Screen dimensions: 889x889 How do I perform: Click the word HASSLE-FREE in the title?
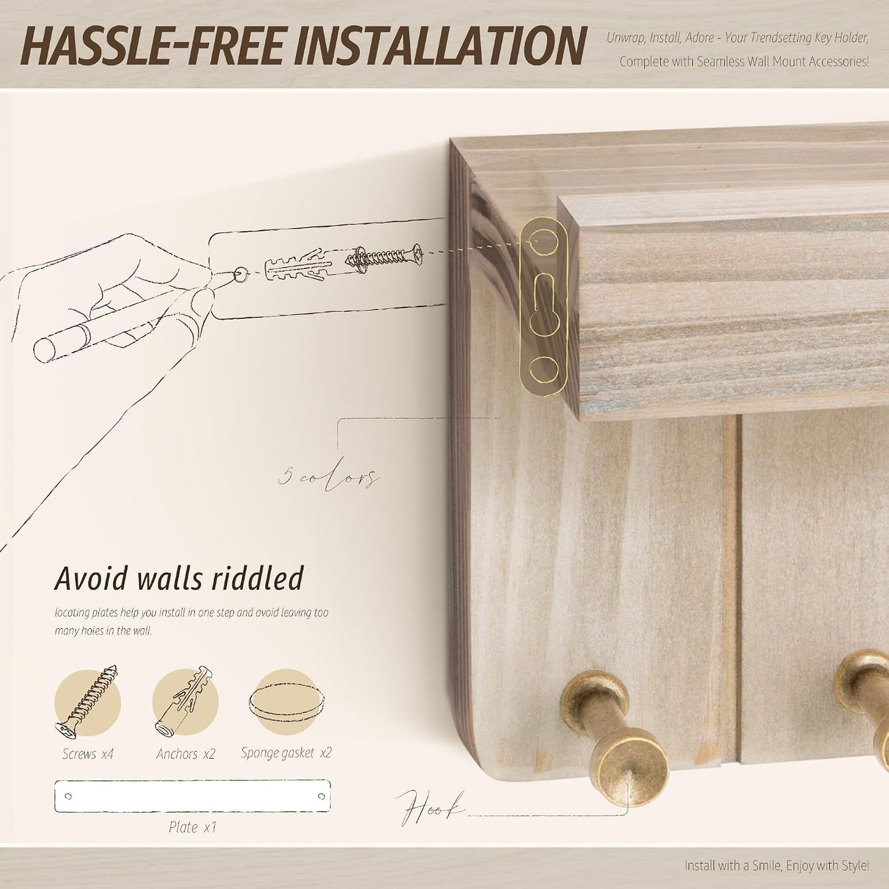(150, 47)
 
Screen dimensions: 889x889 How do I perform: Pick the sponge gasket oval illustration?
(287, 702)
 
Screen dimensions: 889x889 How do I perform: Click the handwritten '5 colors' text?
(329, 478)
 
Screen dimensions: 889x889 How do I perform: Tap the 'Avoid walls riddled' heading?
(179, 578)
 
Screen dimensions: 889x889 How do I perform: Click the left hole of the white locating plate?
(68, 796)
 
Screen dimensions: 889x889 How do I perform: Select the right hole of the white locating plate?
(322, 796)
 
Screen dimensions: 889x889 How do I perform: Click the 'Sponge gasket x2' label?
(286, 753)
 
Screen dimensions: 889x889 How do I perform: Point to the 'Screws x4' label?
(87, 754)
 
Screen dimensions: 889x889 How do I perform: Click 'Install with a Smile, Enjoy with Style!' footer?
(776, 866)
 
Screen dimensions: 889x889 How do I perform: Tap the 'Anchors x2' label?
(185, 754)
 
